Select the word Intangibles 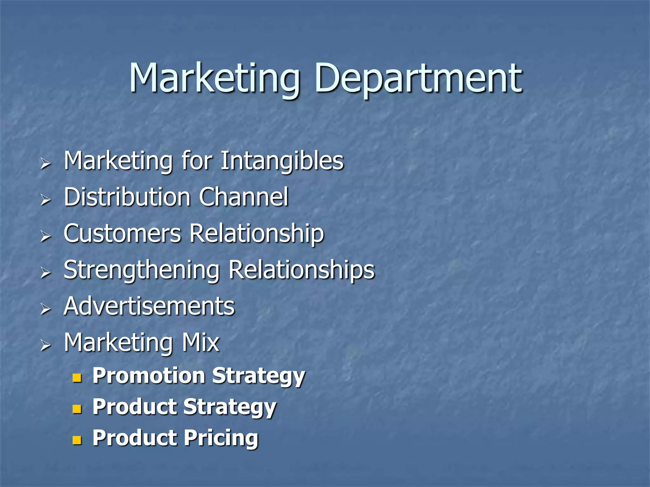point(282,161)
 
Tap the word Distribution point(127,197)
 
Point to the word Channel point(244,197)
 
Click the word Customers point(122,233)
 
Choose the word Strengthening point(142,270)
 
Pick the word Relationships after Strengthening point(302,270)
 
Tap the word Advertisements point(149,306)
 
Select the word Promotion point(149,376)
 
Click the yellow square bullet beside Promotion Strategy point(77,378)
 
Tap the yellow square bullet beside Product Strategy point(77,409)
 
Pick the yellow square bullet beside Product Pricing point(77,440)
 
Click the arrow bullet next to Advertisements point(46,309)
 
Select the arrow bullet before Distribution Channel point(46,200)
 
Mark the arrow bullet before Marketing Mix point(46,345)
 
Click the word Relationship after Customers point(257,233)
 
